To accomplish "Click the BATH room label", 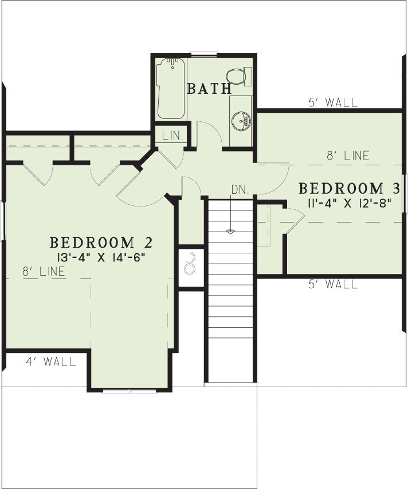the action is (210, 89).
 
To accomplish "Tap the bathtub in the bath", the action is (171, 89).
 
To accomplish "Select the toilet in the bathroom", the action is (239, 76).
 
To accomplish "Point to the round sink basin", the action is (241, 120).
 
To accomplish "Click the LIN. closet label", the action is (172, 136).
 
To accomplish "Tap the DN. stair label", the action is (240, 190).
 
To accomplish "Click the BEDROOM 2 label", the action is (101, 242).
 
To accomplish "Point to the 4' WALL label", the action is (51, 362).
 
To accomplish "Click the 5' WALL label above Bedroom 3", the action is (333, 102).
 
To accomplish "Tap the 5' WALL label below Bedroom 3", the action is (333, 284).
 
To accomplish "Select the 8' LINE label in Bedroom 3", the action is (348, 156).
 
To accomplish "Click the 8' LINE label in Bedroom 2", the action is (44, 271).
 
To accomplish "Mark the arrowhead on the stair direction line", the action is (230, 232).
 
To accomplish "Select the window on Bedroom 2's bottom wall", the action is (129, 391).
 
